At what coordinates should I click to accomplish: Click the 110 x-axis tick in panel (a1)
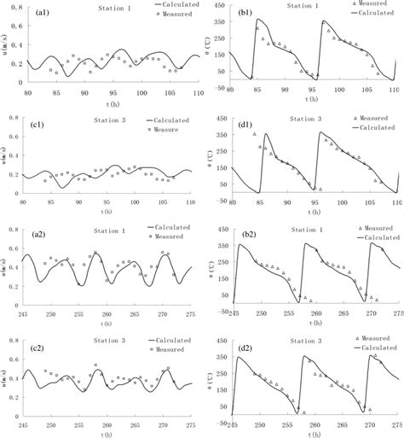[x=197, y=91]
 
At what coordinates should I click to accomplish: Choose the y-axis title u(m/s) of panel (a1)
[x=6, y=44]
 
